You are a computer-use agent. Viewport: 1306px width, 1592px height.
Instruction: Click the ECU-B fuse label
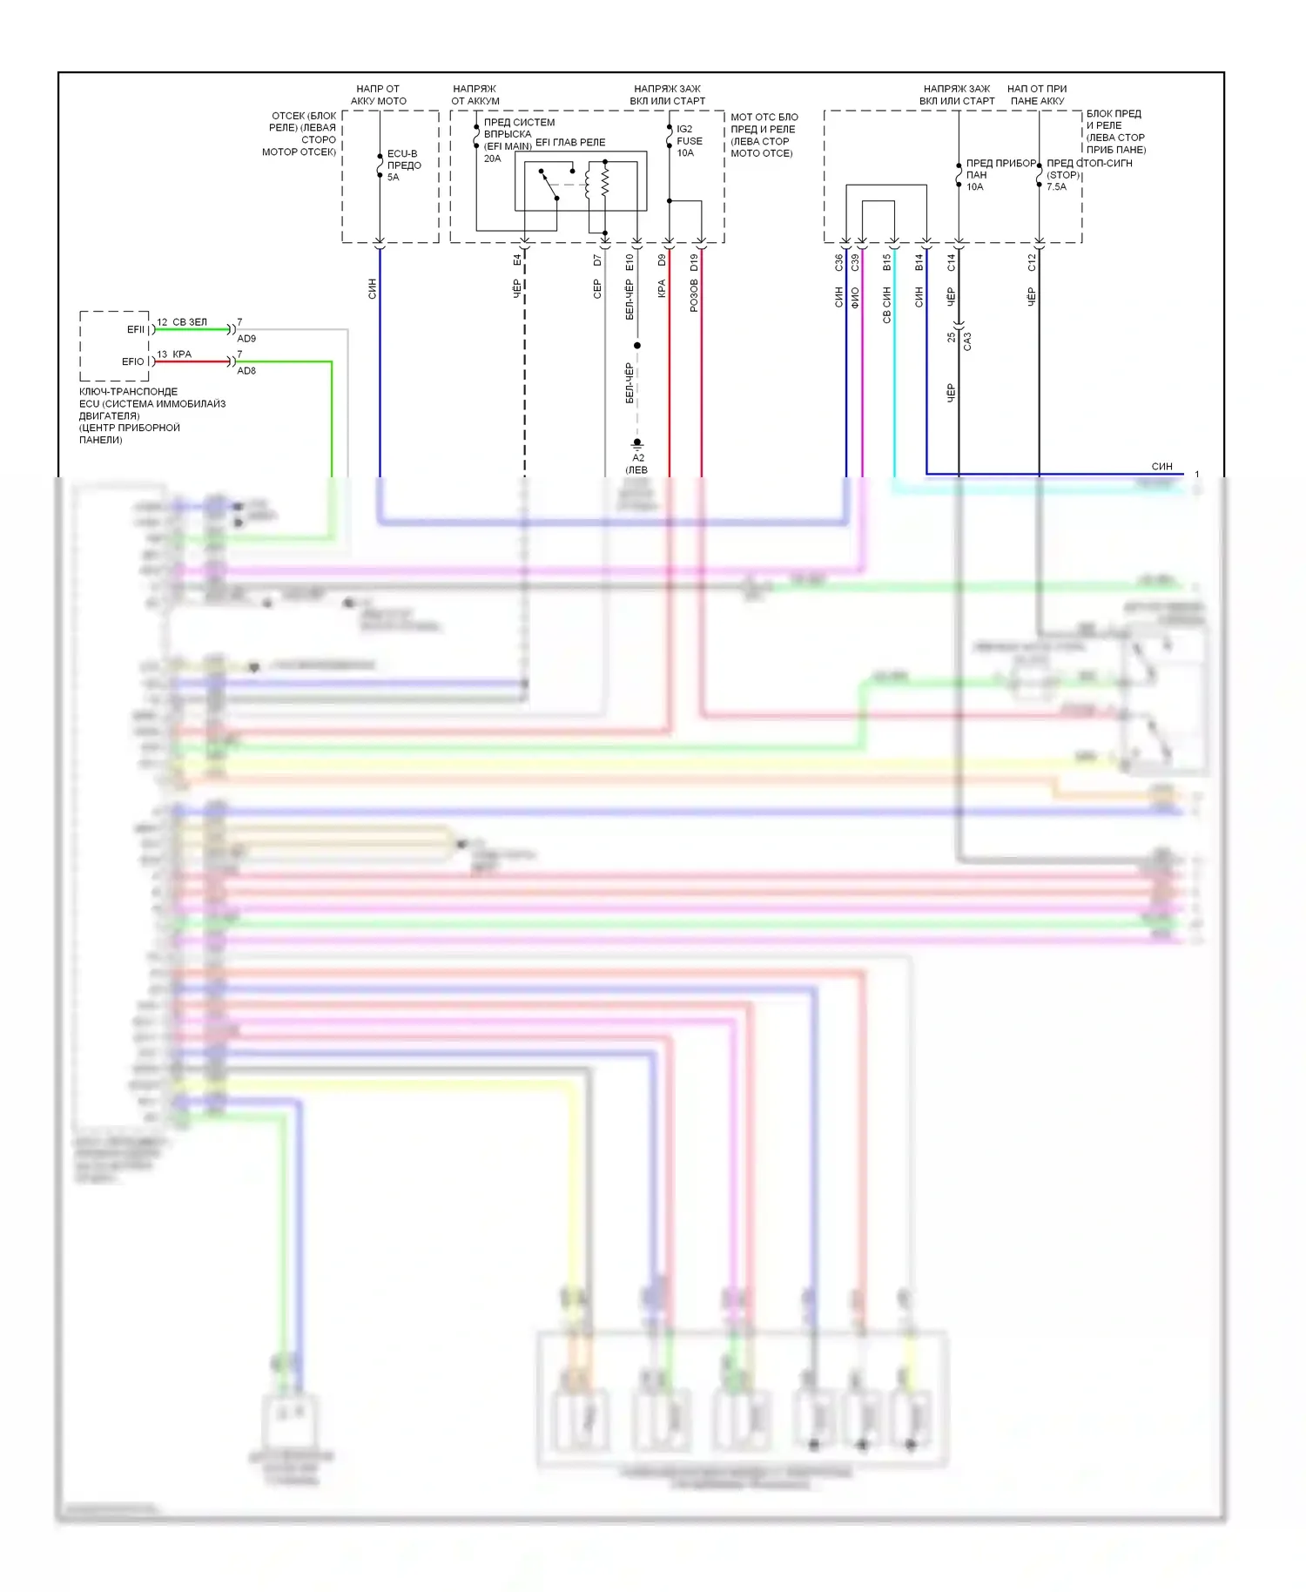tap(403, 154)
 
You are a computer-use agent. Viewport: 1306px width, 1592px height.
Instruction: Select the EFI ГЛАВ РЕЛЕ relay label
tap(569, 143)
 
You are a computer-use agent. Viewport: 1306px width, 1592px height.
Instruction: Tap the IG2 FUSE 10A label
tap(689, 140)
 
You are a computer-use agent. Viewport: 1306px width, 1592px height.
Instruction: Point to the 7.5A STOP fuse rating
tap(1056, 187)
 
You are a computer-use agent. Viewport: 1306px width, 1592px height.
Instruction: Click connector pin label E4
tap(517, 260)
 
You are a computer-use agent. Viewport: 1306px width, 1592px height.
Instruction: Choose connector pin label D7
tap(597, 260)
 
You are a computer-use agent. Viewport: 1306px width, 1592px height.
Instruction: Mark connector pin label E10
tap(629, 262)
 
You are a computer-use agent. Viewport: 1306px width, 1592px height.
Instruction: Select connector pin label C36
tap(838, 262)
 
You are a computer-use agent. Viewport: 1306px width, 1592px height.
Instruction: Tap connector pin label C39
tap(855, 262)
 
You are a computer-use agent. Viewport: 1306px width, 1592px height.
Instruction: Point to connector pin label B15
tap(886, 262)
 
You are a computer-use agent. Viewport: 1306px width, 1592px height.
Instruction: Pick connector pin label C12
tap(1032, 262)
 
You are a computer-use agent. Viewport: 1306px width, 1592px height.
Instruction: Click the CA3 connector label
tap(967, 341)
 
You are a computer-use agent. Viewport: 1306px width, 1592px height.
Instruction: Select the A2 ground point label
tap(638, 458)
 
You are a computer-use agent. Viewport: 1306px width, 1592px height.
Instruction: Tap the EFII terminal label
tap(136, 330)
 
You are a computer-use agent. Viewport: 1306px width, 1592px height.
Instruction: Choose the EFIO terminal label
tap(133, 362)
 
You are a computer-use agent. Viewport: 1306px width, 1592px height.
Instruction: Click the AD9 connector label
tap(246, 339)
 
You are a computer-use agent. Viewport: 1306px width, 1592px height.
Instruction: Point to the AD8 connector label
tap(246, 371)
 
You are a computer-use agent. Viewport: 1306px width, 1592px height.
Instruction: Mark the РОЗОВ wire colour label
tap(694, 296)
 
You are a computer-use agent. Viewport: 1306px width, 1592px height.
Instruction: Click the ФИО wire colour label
tap(855, 298)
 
